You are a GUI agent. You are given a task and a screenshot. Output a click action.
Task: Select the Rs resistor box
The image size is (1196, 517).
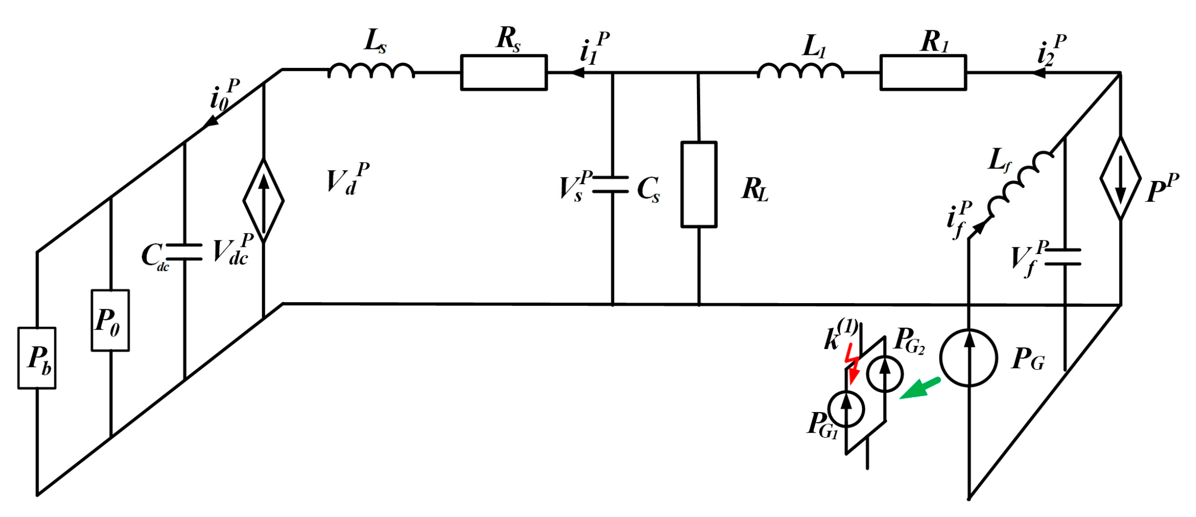coord(504,73)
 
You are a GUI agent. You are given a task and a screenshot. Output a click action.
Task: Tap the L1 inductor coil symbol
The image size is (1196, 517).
coord(800,71)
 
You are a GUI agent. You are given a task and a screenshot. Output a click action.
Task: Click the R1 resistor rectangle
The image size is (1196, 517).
coord(923,73)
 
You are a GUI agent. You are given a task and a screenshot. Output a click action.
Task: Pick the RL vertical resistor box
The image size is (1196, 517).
coord(698,184)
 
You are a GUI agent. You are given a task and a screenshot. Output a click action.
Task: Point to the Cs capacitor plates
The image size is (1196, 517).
coord(611,185)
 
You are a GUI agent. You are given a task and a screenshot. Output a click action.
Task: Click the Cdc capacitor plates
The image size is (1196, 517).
coord(184,251)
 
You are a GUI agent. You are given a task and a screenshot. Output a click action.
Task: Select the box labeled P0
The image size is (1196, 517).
coord(110,320)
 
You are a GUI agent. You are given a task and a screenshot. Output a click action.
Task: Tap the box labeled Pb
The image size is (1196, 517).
coord(37,358)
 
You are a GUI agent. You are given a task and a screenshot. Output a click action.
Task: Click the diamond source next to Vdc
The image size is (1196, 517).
coord(264,201)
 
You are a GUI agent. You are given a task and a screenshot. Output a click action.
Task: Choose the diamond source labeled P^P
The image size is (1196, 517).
coord(1120,178)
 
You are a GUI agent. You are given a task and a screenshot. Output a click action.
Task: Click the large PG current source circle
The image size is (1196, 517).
coord(969,358)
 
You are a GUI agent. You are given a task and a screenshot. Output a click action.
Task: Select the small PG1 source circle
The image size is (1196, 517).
coord(846,410)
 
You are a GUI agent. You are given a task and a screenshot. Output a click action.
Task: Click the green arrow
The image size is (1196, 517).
coord(920,389)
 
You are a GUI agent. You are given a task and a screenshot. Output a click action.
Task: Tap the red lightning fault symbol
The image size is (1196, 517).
coord(852,363)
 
